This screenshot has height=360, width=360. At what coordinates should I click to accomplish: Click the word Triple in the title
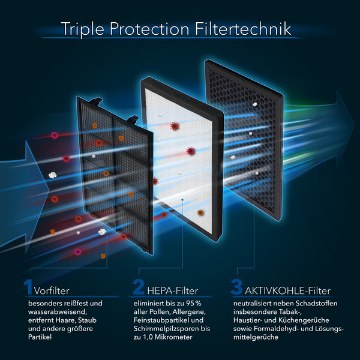(82, 29)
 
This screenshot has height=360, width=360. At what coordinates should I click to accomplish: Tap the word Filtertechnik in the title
(243, 29)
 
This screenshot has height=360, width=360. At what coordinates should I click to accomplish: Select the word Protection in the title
(149, 29)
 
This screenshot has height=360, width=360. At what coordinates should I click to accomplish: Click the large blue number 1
(28, 287)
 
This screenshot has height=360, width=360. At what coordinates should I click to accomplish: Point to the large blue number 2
(139, 287)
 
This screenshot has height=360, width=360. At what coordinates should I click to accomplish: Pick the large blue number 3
(237, 287)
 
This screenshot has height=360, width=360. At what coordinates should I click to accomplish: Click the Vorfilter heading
(52, 291)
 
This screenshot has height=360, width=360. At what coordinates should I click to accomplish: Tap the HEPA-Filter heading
(173, 291)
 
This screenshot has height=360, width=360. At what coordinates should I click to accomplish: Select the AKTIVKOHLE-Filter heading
(287, 291)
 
